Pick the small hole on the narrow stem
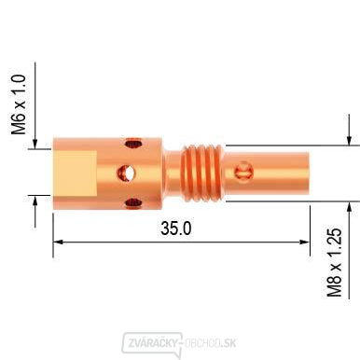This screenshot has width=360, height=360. [x=245, y=170]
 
